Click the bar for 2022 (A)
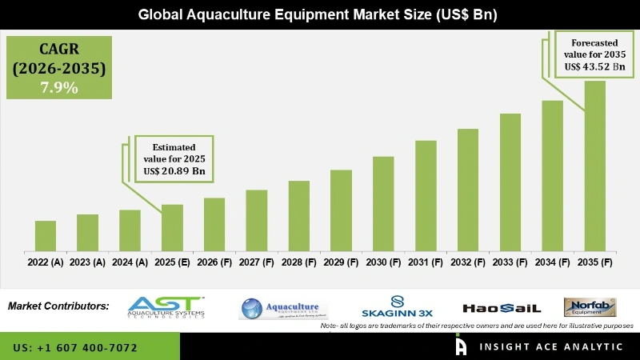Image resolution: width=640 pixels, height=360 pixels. point(46,235)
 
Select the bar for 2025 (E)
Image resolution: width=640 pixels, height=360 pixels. point(172,227)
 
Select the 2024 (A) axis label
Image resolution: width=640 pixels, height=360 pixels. point(130,262)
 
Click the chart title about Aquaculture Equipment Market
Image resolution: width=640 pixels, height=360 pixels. point(319,14)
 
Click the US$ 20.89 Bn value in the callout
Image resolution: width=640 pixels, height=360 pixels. point(175,171)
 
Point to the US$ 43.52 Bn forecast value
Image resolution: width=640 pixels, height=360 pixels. point(593,66)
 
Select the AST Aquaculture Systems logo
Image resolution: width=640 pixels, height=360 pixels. point(166,307)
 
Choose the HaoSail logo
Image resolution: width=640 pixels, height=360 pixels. point(502,308)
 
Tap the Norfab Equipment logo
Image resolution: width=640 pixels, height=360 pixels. point(590,307)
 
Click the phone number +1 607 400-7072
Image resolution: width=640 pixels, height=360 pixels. point(75,348)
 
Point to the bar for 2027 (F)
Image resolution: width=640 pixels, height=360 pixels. point(256,220)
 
